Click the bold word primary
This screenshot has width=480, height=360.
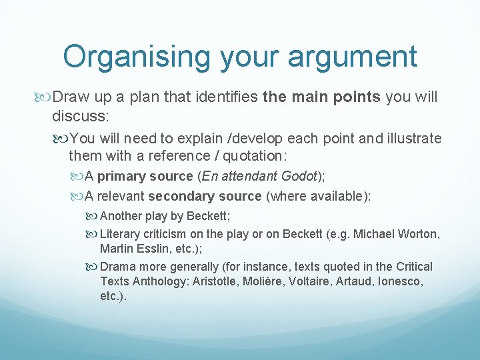pyautogui.click(x=122, y=177)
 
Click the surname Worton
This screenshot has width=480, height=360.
pyautogui.click(x=418, y=234)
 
